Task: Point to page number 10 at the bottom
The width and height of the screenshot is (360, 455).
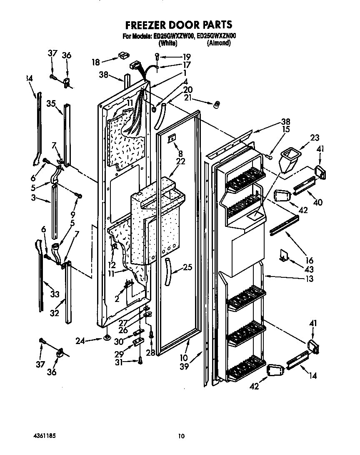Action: click(x=181, y=436)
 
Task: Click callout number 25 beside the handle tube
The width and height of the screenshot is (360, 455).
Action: click(x=187, y=267)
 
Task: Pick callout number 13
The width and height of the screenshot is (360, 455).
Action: click(x=309, y=279)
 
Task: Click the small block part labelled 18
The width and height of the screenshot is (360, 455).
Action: click(x=122, y=55)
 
